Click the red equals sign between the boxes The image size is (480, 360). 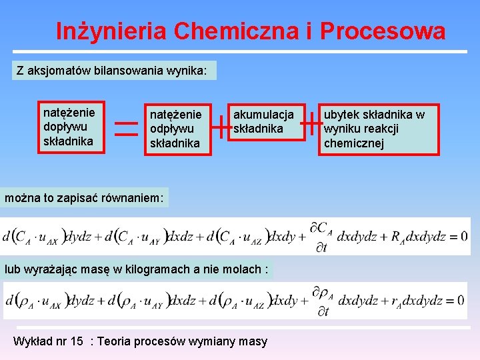(x=127, y=127)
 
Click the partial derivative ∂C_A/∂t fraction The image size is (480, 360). (x=321, y=235)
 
